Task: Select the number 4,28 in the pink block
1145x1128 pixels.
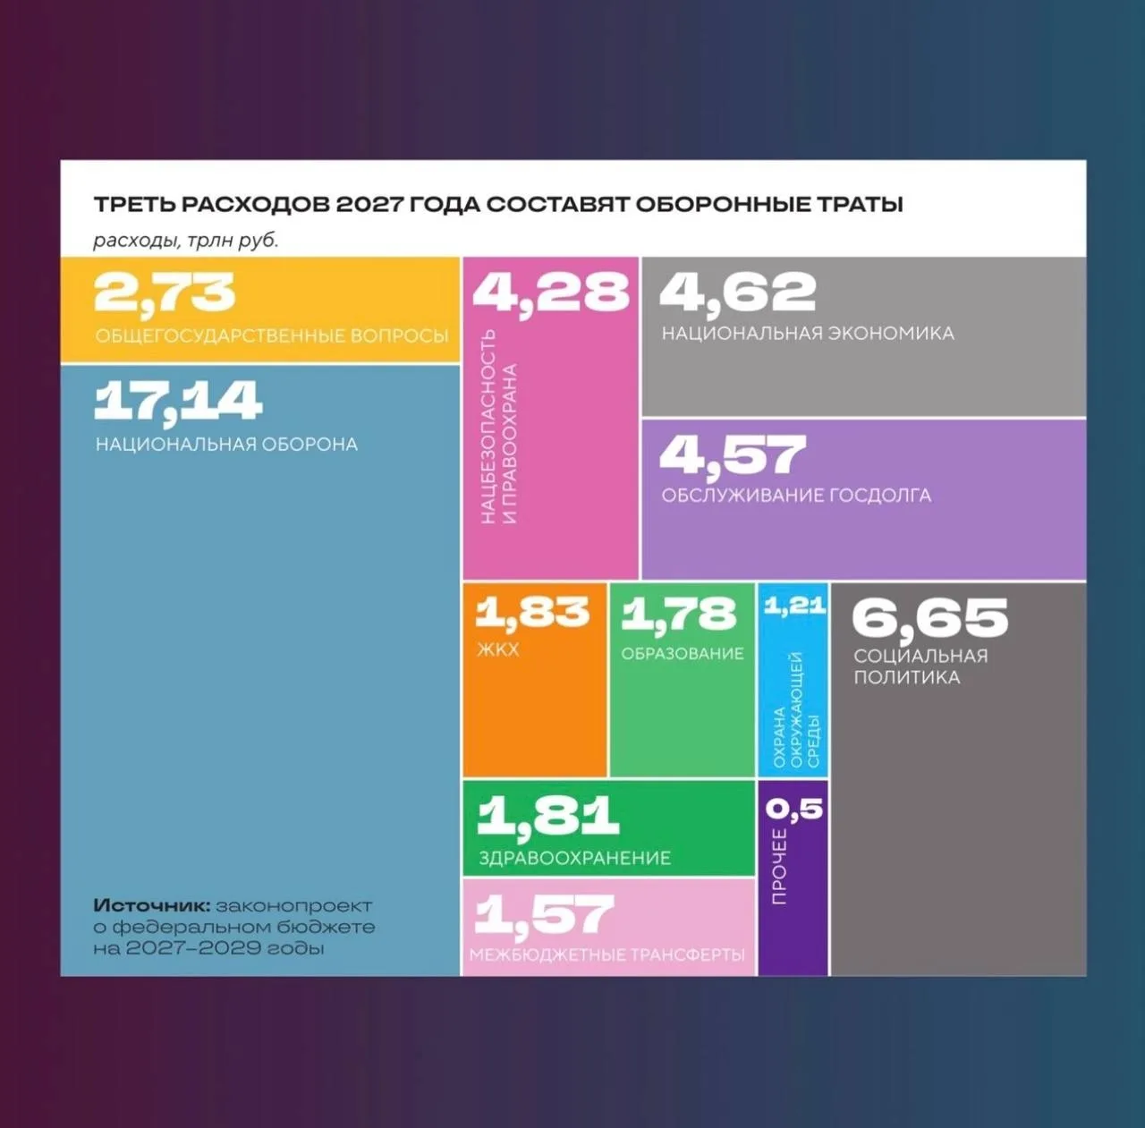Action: click(550, 293)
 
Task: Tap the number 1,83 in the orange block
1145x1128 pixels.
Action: click(531, 614)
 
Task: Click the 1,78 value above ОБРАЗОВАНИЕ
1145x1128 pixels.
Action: click(679, 615)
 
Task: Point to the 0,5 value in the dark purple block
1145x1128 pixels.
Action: click(793, 809)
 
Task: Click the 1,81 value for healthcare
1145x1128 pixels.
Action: click(547, 816)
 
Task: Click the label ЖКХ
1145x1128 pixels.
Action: click(498, 649)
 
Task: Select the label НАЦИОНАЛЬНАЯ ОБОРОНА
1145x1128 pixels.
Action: click(226, 444)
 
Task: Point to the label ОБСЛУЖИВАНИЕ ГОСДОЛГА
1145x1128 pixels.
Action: click(796, 495)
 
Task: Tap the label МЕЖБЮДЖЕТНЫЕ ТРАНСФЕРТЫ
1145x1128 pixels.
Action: click(607, 955)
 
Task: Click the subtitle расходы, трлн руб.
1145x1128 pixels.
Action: click(185, 241)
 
